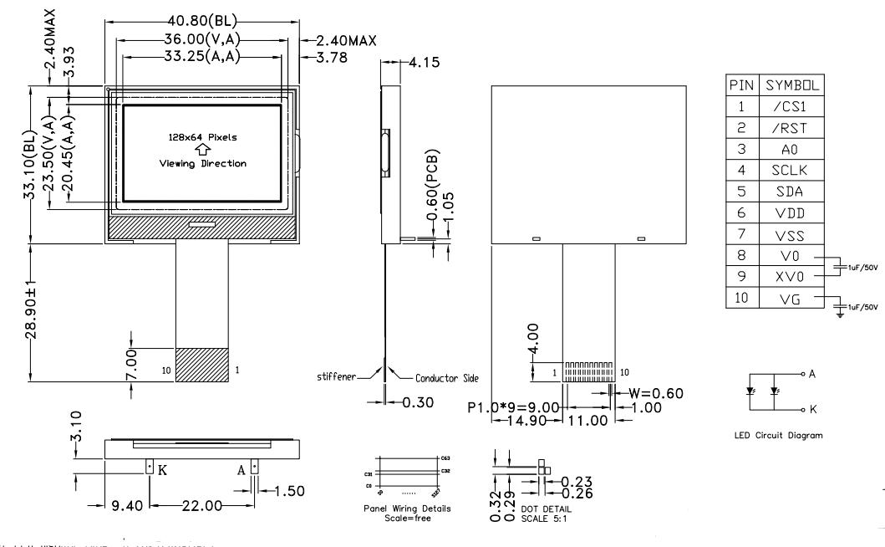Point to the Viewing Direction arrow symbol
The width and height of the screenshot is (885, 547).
(201, 150)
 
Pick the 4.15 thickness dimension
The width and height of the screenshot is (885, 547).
(420, 63)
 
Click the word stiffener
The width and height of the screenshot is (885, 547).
(336, 378)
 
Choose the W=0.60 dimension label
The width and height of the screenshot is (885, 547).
(645, 392)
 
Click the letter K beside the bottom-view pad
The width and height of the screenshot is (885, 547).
(162, 469)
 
